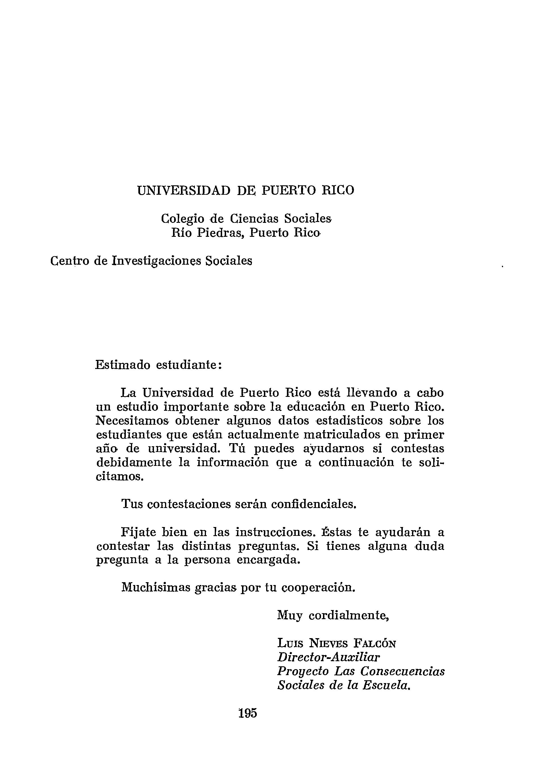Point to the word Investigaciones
tap(156, 261)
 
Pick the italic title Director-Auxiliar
tap(328, 657)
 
